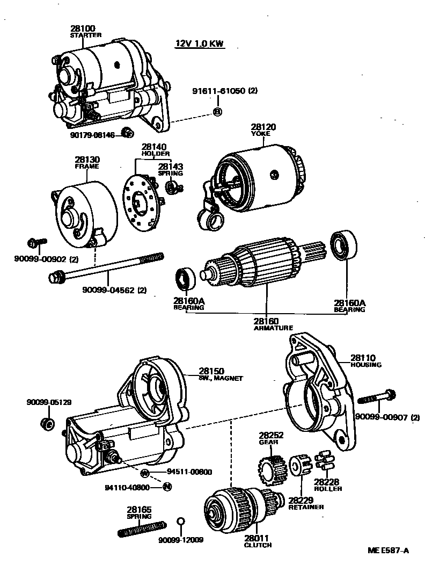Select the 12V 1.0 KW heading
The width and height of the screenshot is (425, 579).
(200, 44)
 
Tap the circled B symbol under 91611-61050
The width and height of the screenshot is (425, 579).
(217, 112)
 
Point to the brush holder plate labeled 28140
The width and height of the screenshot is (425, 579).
(139, 201)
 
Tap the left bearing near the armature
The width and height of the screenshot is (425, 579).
(187, 277)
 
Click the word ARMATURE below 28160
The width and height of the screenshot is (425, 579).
(273, 327)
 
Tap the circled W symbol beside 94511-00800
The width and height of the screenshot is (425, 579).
(144, 473)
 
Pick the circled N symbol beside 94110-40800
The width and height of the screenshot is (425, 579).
(166, 487)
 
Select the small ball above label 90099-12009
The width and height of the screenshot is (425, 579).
(181, 522)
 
